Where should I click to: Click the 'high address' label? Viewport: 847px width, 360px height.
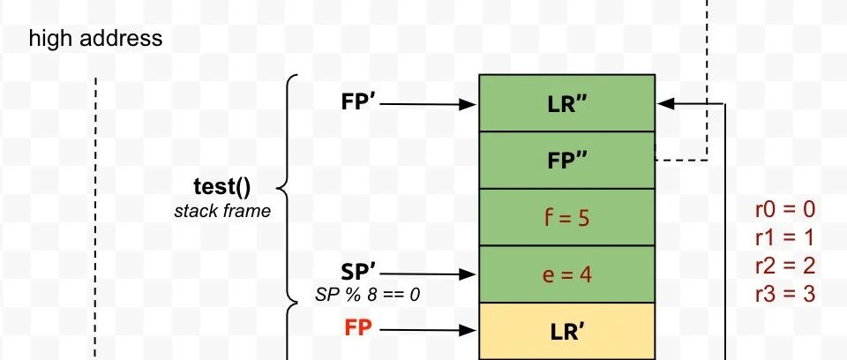point(95,39)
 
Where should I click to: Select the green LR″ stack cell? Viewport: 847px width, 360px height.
point(566,103)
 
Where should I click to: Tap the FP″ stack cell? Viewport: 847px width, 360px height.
point(566,160)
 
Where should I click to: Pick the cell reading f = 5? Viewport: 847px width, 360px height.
point(566,217)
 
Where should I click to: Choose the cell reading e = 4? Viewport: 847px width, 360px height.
point(566,274)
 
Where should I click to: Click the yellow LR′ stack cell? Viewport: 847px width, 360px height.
point(566,331)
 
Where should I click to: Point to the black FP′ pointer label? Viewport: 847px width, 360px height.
point(359,101)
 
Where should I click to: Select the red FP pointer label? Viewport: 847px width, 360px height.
point(358,328)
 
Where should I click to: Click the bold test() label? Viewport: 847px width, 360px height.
point(222,187)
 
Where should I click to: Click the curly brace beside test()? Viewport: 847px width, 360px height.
point(285,187)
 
